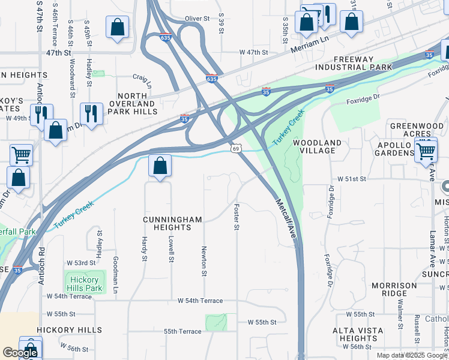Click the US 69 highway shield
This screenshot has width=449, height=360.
236,148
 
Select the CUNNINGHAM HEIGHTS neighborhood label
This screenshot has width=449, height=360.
172,224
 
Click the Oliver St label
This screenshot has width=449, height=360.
196,19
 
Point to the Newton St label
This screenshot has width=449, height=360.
204,261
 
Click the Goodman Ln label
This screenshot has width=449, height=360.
115,274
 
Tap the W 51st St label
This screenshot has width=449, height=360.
351,179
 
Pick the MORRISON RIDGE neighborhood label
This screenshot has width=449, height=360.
394,289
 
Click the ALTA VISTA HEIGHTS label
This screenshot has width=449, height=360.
358,334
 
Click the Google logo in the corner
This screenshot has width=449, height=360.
20,352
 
